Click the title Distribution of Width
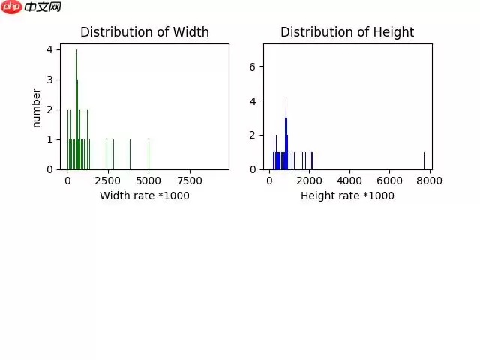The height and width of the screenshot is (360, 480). (x=145, y=32)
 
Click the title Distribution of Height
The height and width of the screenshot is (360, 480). (x=347, y=32)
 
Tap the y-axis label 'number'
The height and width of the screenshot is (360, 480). (x=36, y=107)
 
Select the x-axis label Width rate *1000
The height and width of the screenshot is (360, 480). (x=145, y=196)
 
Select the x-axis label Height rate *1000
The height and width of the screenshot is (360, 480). (x=347, y=196)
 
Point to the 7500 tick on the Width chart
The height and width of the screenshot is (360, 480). (x=190, y=181)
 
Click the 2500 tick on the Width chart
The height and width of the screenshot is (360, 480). (x=108, y=181)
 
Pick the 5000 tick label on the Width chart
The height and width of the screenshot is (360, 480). (x=148, y=181)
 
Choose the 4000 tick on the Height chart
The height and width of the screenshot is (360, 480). (x=349, y=181)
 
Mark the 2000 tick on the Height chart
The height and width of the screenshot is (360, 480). (x=310, y=181)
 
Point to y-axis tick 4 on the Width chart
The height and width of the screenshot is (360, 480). (x=49, y=49)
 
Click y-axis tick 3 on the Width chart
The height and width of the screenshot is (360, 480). (x=49, y=79)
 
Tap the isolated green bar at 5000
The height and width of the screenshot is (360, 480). (x=148, y=154)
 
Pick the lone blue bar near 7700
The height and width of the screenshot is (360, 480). (x=424, y=161)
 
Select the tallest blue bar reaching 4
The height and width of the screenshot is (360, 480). (x=286, y=135)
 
